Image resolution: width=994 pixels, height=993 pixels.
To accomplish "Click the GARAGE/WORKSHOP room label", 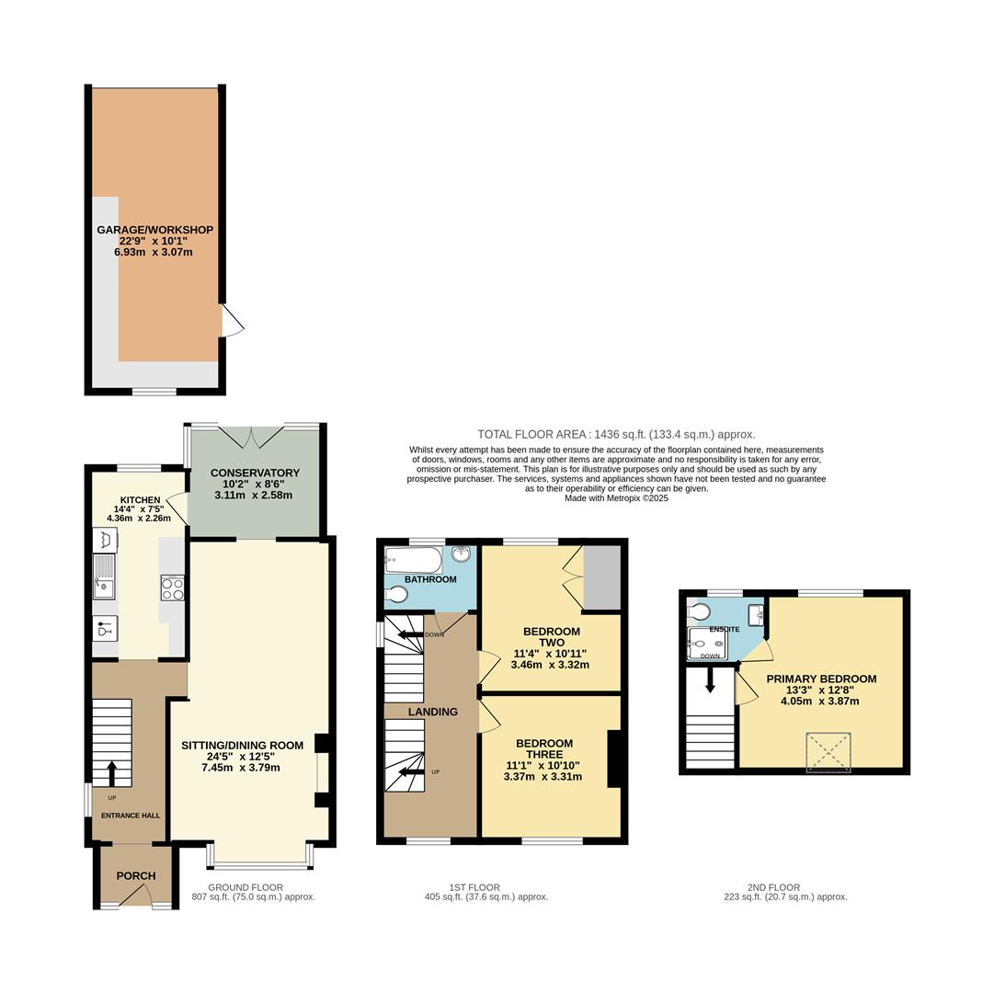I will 154,230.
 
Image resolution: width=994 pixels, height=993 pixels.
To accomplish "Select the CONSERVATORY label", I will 255,473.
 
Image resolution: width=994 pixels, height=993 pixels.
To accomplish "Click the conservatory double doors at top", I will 252,435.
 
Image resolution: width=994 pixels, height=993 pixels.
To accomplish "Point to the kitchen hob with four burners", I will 173,588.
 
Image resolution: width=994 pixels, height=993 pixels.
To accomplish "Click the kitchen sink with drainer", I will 104,576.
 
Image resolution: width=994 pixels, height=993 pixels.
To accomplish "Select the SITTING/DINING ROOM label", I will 242,745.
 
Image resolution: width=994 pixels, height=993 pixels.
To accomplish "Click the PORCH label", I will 135,875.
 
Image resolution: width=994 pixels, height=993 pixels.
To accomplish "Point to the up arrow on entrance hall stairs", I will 112,772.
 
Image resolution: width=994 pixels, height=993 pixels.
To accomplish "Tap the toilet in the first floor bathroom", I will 395,595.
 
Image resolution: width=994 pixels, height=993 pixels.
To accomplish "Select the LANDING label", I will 432,712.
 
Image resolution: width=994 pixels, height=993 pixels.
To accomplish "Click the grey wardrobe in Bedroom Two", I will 601,577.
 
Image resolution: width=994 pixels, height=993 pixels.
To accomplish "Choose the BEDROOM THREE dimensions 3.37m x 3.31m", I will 543,776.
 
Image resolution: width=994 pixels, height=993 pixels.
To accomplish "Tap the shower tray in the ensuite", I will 706,645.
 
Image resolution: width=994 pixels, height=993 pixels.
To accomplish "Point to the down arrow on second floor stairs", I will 710,681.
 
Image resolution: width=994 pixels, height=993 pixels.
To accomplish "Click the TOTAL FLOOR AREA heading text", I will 615,434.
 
